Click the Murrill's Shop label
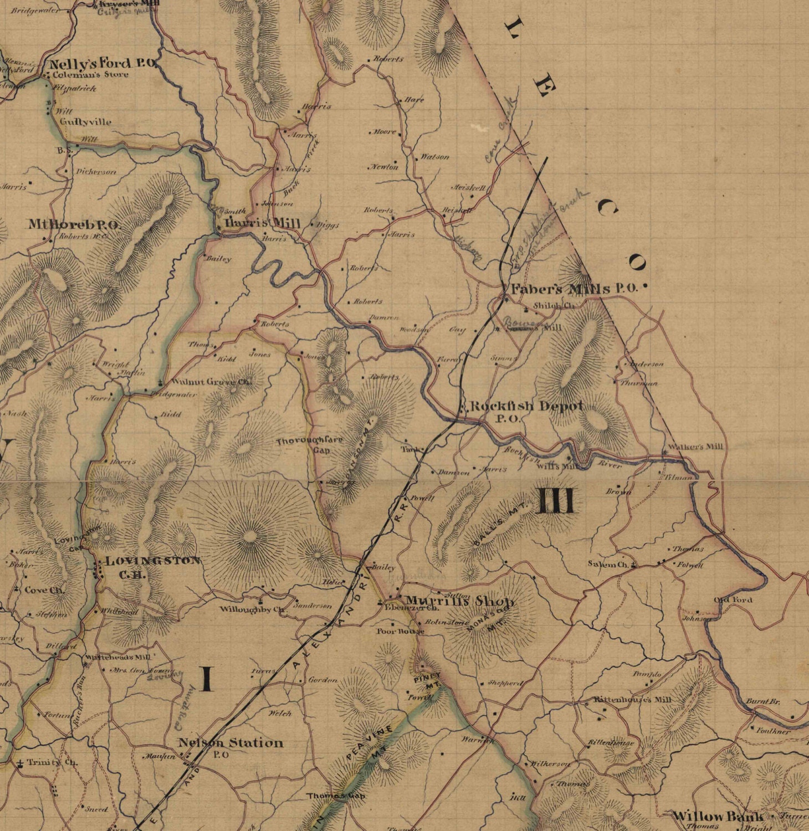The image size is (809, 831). coord(460,601)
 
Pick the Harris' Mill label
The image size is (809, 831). coord(263,223)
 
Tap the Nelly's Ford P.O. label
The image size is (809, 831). coord(103,63)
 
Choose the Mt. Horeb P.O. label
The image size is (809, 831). coord(74,224)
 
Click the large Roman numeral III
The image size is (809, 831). coord(555,502)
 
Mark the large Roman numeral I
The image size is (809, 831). coord(207,679)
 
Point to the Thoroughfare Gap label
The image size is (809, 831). coord(310,445)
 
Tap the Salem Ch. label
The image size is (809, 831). coord(607,564)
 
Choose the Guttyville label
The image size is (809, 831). coord(85,122)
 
